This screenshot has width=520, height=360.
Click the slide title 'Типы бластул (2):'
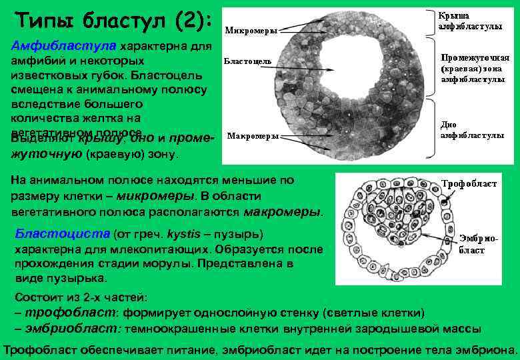click(x=111, y=20)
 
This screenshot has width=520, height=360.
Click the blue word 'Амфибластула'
click(x=65, y=46)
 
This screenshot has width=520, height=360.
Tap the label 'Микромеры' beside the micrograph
click(x=250, y=29)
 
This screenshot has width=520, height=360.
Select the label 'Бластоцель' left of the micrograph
click(x=247, y=61)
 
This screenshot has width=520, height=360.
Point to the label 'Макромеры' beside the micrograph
click(x=253, y=136)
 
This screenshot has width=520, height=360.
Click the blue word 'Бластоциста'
click(x=62, y=235)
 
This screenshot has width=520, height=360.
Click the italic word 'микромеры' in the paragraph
click(x=160, y=197)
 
